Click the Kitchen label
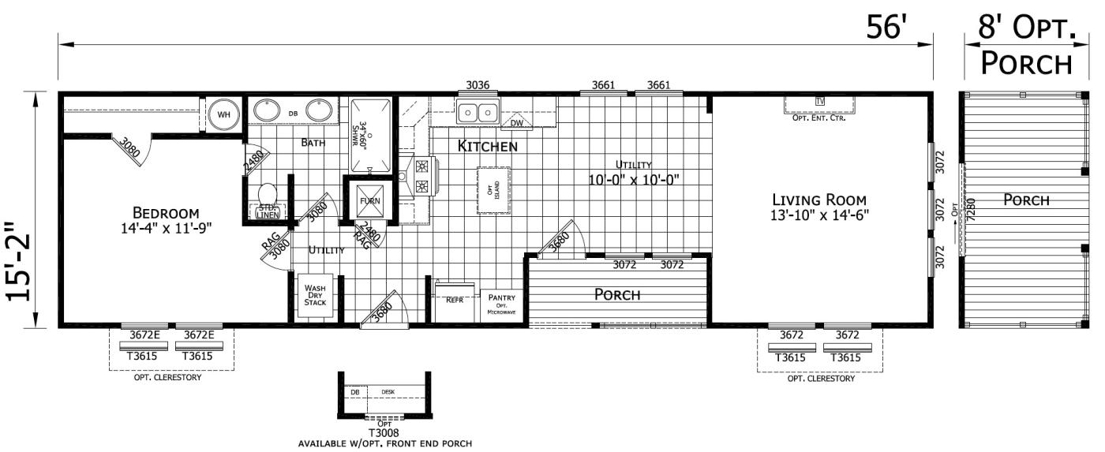tap(488, 146)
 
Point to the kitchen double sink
tap(478, 112)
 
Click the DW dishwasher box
tap(516, 123)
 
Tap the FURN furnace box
tap(369, 200)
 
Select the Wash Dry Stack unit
tap(315, 296)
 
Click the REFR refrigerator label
tap(455, 300)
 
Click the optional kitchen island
tap(493, 190)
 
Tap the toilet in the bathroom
tap(267, 193)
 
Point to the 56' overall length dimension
tap(887, 28)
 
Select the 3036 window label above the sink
tap(477, 85)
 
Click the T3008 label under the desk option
tap(384, 432)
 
